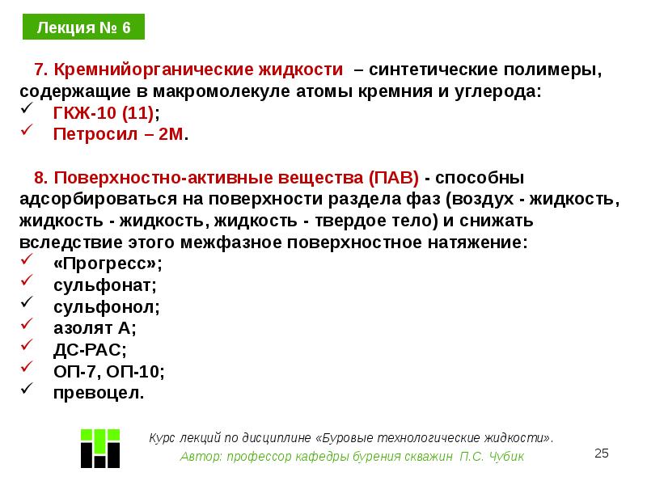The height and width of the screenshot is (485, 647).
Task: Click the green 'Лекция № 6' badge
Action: tap(82, 28)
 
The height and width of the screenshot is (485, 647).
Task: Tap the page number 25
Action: tap(602, 453)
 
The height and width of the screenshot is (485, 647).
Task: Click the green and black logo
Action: tap(100, 445)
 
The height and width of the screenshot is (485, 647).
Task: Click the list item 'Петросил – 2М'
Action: tap(120, 134)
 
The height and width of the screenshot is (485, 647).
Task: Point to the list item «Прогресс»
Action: tap(107, 264)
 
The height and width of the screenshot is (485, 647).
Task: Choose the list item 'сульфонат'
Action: tap(104, 285)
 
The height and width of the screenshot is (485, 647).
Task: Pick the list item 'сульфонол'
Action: tap(107, 307)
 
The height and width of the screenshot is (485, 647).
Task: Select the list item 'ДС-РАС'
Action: tap(90, 351)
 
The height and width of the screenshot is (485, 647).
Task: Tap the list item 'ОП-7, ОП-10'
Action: tap(108, 372)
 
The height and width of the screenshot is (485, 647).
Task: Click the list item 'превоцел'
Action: tap(99, 394)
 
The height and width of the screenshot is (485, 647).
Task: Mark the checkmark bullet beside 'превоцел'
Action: tap(26, 392)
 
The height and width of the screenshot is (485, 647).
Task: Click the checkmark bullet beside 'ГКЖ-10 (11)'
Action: tap(26, 111)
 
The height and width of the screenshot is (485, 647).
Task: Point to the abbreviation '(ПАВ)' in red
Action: tap(392, 177)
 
